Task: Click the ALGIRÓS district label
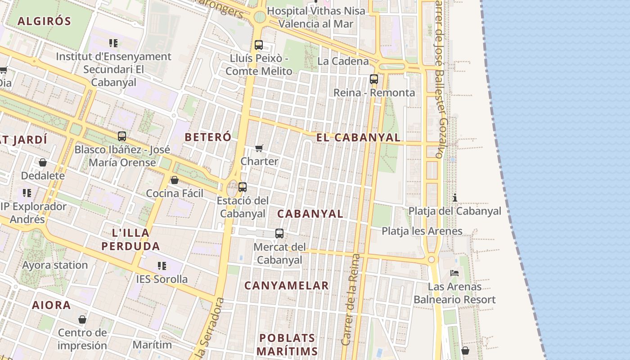[x=45, y=21]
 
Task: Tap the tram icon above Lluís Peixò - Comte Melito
[x=259, y=45]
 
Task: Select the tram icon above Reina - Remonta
[x=374, y=79]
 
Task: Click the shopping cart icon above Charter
[x=259, y=148]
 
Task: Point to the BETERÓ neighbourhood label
[x=208, y=137]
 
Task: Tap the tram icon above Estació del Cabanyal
[x=243, y=187]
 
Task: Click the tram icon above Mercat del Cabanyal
[x=279, y=234]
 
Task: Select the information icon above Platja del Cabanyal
[x=455, y=198]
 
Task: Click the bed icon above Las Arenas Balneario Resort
[x=454, y=273]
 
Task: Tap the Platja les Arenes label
[x=422, y=231]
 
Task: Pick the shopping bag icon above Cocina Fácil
[x=175, y=180]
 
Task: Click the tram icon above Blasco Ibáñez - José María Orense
[x=122, y=136]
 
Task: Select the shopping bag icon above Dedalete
[x=43, y=162]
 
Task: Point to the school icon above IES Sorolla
[x=162, y=266]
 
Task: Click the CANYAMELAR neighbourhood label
[x=287, y=286]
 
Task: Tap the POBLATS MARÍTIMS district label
[x=287, y=344]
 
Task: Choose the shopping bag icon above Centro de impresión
[x=82, y=319]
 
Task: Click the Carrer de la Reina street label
[x=351, y=299]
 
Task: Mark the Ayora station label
[x=55, y=265]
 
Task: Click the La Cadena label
[x=343, y=61]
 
